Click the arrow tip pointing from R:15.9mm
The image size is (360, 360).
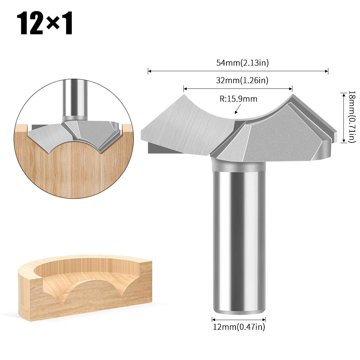(235, 113)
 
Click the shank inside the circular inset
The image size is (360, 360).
(74, 101)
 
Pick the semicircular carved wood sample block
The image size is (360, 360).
(85, 286)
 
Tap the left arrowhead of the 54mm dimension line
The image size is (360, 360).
(149, 71)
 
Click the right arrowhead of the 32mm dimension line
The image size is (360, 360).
(291, 88)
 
